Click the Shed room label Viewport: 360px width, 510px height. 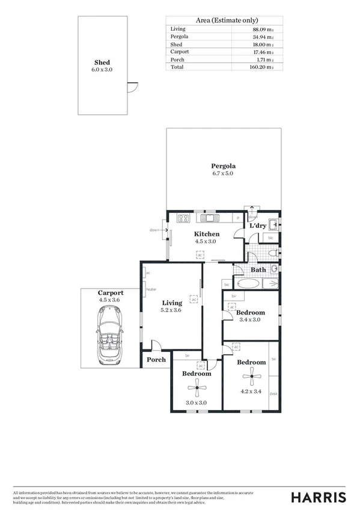click(x=102, y=63)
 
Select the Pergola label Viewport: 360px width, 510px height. click(x=222, y=166)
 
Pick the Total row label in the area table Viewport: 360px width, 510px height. click(x=178, y=67)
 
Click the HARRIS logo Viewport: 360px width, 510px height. click(x=319, y=497)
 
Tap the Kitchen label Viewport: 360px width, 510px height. click(x=206, y=234)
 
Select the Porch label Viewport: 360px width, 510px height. click(x=156, y=360)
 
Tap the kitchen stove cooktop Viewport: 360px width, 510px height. click(x=184, y=218)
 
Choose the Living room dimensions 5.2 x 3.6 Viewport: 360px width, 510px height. click(x=171, y=310)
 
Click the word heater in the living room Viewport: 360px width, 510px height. click(x=151, y=289)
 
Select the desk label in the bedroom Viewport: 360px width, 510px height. click(x=273, y=395)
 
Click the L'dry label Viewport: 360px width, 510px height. click(x=257, y=226)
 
